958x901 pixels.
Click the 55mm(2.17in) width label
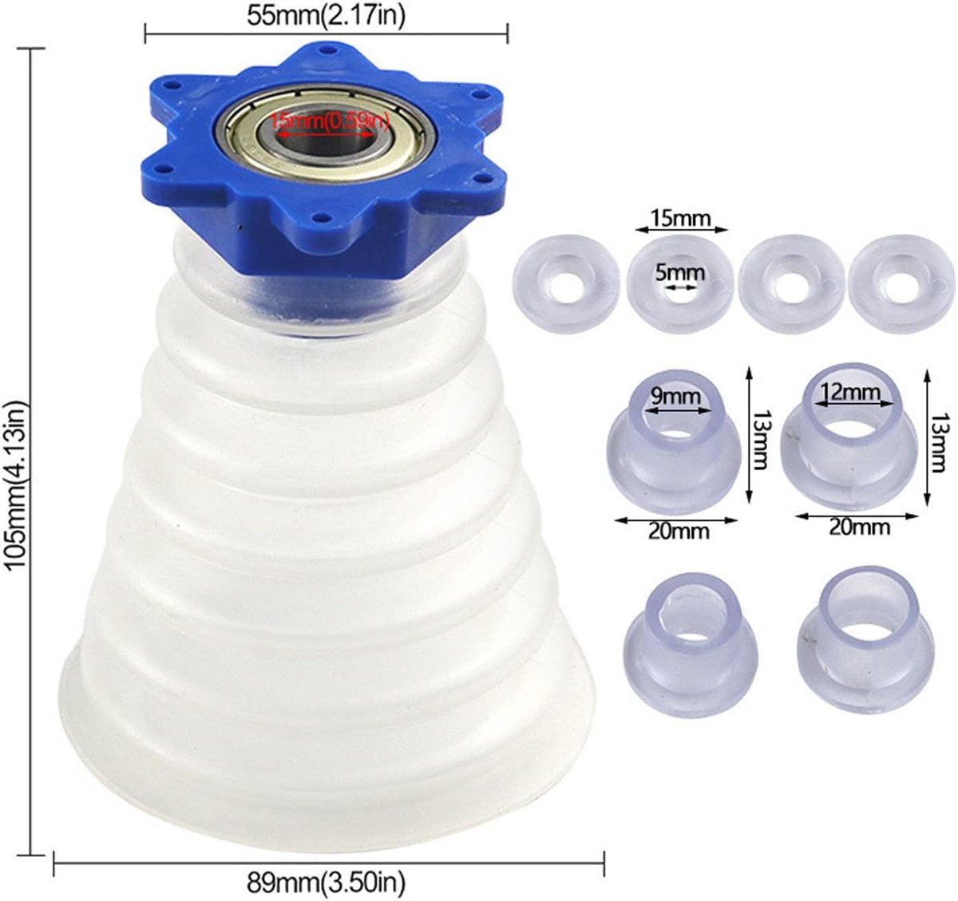pyautogui.click(x=326, y=15)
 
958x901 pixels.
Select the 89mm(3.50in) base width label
pyautogui.click(x=326, y=883)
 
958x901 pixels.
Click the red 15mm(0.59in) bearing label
pyautogui.click(x=329, y=123)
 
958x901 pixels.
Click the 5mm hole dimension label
pyautogui.click(x=679, y=274)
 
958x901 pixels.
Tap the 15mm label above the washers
pyautogui.click(x=680, y=219)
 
